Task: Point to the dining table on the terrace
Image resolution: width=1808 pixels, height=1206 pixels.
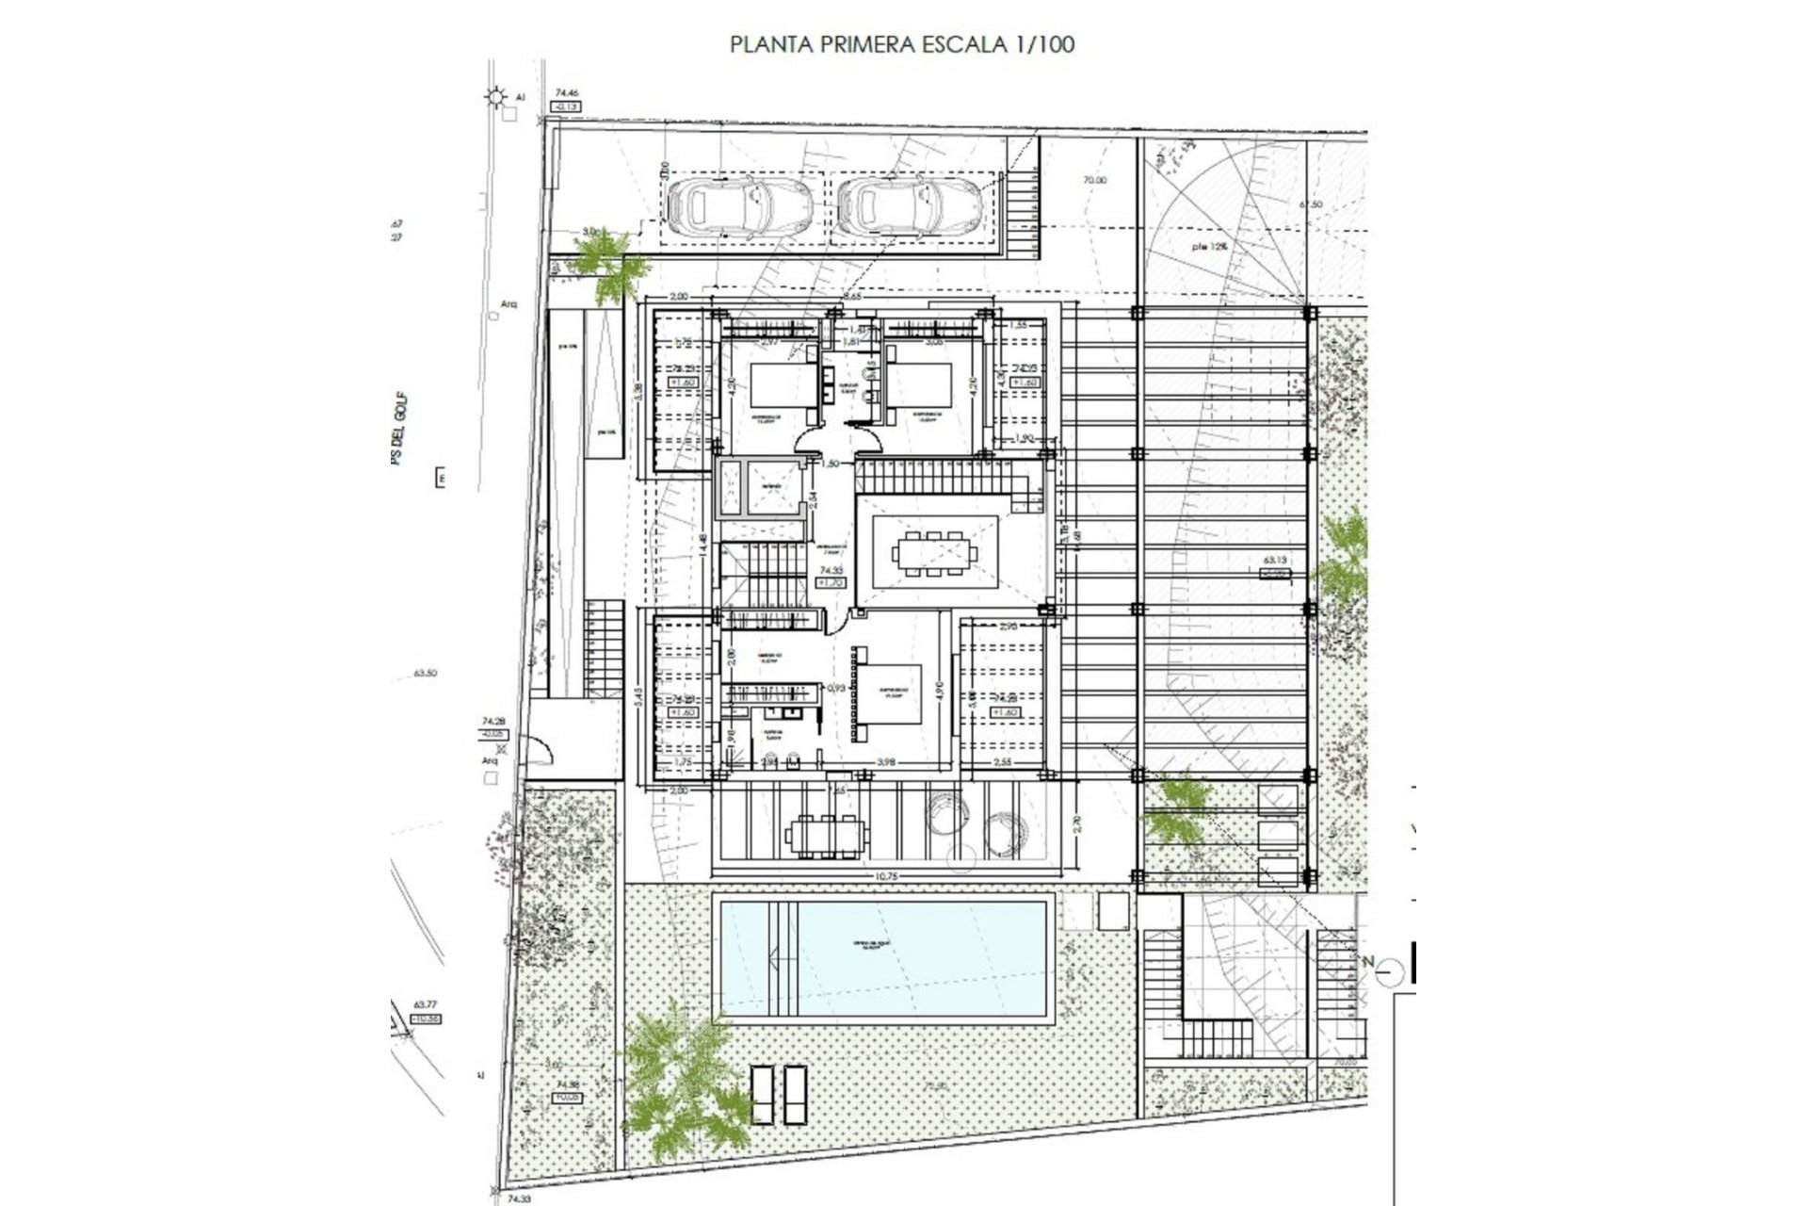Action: pyautogui.click(x=826, y=833)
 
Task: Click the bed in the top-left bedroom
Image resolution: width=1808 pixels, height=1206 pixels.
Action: pyautogui.click(x=783, y=387)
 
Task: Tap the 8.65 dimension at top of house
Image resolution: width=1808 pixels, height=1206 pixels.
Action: pyautogui.click(x=852, y=297)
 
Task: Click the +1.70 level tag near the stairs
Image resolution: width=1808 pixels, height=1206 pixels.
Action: pyautogui.click(x=831, y=583)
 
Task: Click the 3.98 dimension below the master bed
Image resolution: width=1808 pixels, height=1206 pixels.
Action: pyautogui.click(x=884, y=761)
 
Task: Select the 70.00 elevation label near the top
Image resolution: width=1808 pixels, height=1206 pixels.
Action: pyautogui.click(x=1094, y=180)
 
